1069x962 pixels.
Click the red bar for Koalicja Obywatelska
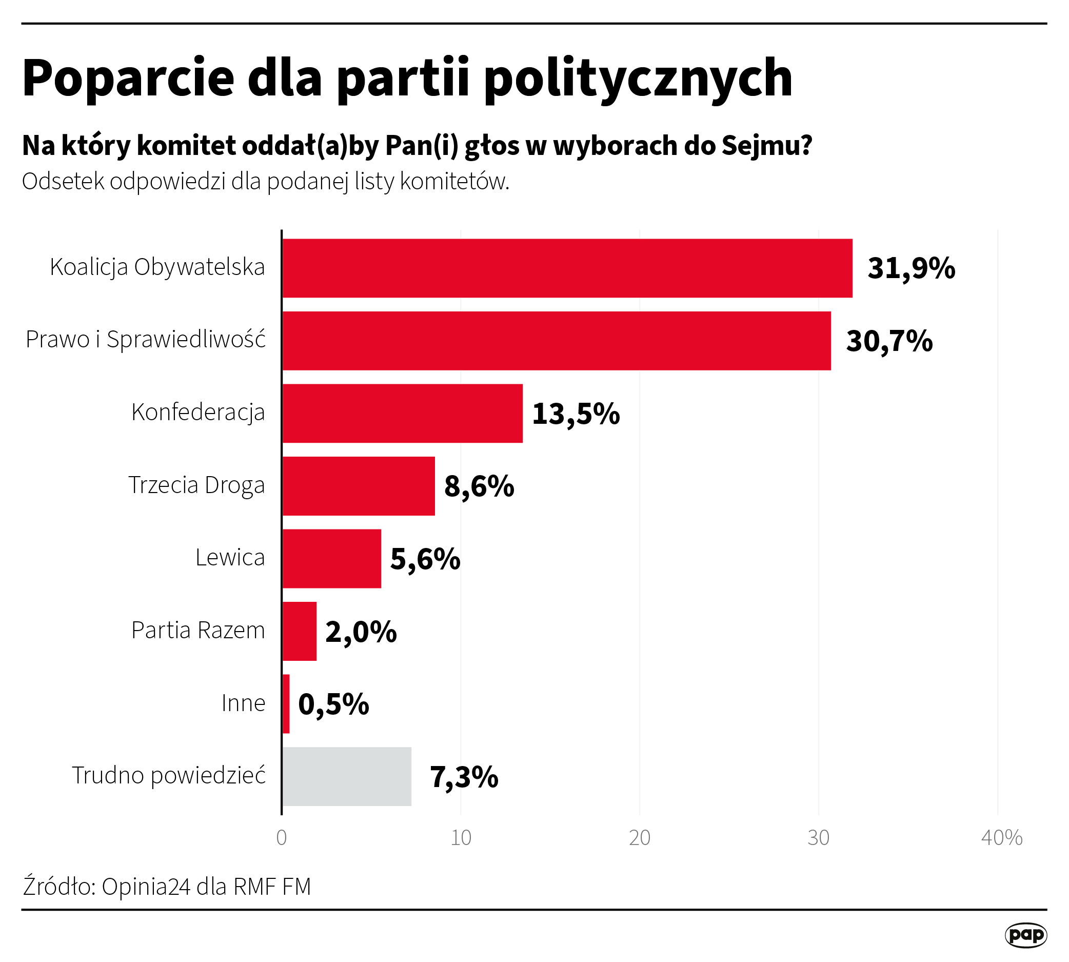coord(567,268)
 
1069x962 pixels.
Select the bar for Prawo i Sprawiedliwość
coord(557,340)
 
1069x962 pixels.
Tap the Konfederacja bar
coord(402,414)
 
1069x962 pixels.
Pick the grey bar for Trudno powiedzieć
coord(347,776)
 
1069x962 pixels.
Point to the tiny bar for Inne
coord(286,704)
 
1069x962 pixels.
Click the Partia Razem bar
coord(299,631)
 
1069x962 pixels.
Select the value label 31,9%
coord(911,268)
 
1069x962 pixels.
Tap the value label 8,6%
coord(479,486)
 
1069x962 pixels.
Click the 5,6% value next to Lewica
coord(425,559)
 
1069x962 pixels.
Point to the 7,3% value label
coord(464,777)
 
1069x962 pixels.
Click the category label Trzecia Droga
coord(196,485)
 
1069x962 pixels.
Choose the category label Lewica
coord(230,558)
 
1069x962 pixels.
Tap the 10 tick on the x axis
coord(461,838)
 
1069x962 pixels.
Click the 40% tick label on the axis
coord(1001,838)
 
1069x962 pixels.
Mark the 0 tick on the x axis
coord(282,838)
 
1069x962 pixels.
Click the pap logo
coord(1025,935)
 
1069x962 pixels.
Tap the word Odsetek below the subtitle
coord(63,181)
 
